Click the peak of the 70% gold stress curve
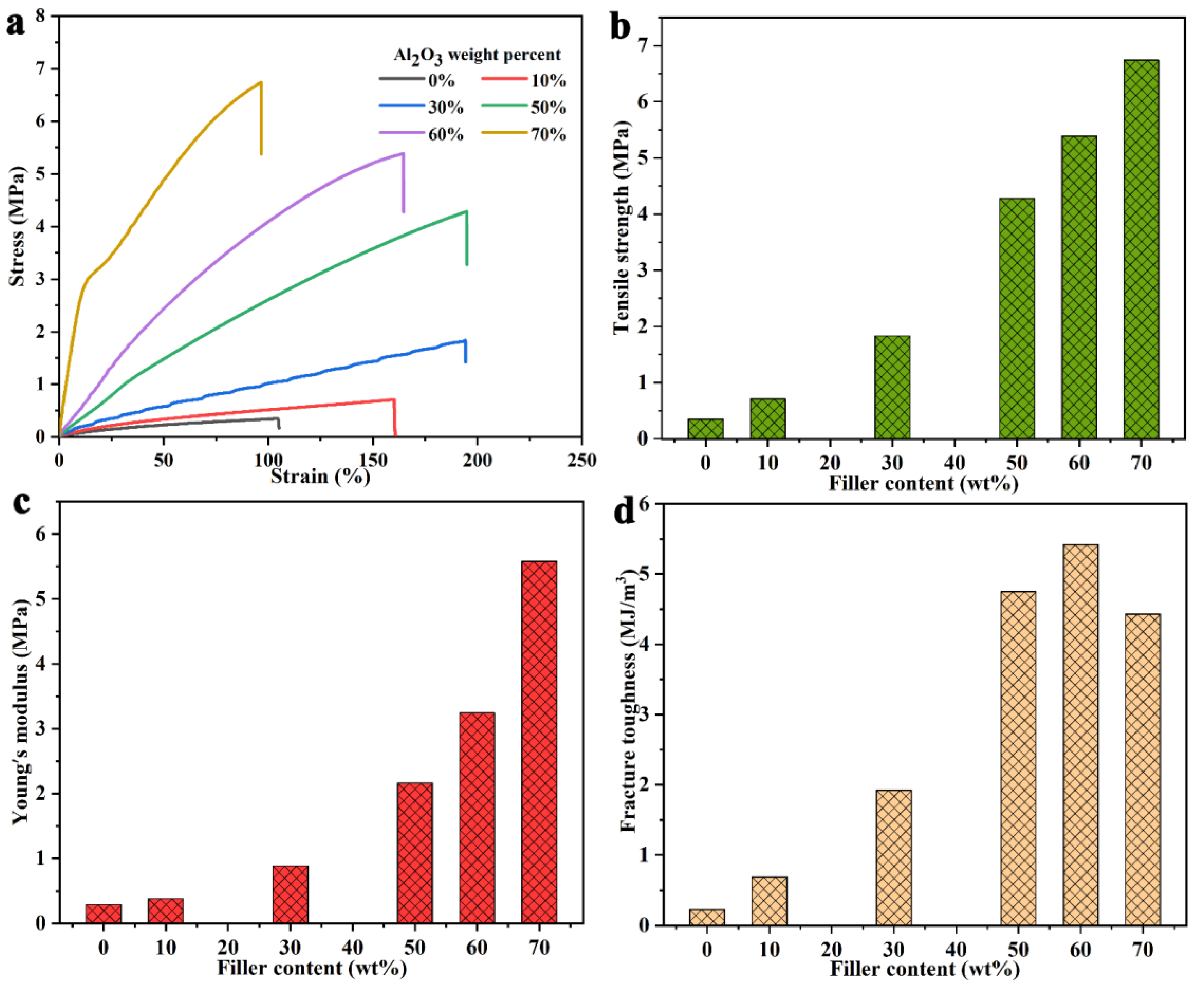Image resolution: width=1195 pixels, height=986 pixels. pyautogui.click(x=260, y=83)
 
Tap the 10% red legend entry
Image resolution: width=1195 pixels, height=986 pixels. pyautogui.click(x=524, y=81)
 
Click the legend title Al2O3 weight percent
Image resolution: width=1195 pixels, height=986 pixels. pyautogui.click(x=477, y=55)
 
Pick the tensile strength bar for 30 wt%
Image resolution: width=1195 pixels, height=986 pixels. pyautogui.click(x=892, y=387)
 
